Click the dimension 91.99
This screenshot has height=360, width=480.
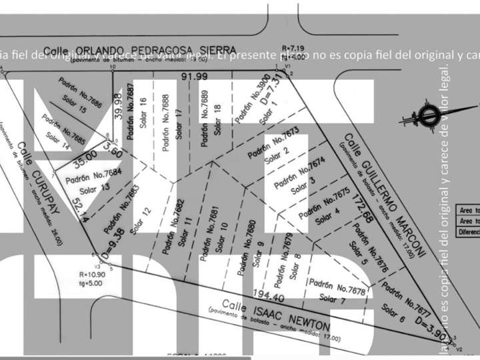[x=194, y=77]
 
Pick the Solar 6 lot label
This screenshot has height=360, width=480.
[x=393, y=310]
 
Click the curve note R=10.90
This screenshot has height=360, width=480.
[x=92, y=274]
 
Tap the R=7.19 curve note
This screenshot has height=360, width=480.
[x=293, y=49]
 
